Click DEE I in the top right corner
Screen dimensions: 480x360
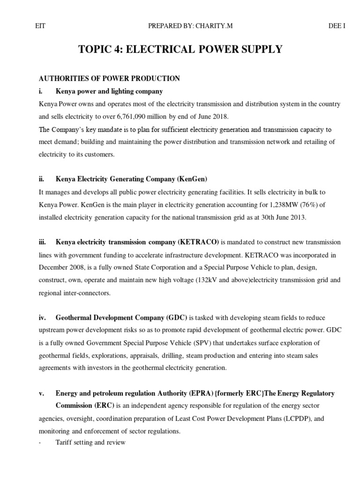[x=337, y=25]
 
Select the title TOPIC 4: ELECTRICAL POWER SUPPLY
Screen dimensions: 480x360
[x=182, y=49]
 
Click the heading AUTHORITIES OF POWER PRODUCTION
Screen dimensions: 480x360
[x=109, y=78]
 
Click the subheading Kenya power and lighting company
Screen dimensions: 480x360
[x=109, y=91]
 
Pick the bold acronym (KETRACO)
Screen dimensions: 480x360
[x=198, y=241]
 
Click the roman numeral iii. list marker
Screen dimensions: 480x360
[x=43, y=241]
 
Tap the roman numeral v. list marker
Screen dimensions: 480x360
[x=42, y=392]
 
